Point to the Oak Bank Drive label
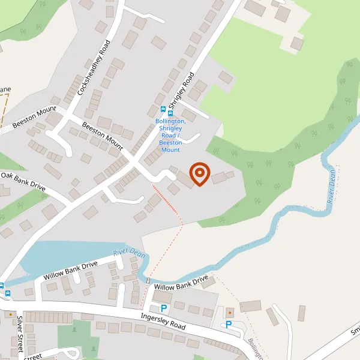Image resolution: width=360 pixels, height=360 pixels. click(23, 181)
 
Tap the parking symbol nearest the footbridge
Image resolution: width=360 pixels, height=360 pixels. click(164, 307)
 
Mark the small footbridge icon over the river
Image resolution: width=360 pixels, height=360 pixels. click(148, 280)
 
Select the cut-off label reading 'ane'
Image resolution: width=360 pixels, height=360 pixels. click(5, 90)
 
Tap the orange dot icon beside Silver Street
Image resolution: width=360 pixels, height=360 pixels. click(10, 314)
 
